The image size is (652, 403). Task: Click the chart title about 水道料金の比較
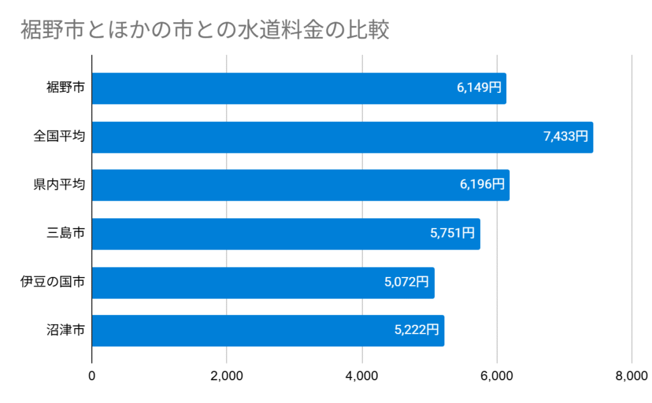click(204, 30)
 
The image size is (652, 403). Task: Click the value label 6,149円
click(479, 88)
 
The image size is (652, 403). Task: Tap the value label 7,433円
click(566, 137)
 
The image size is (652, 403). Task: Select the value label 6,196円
click(482, 185)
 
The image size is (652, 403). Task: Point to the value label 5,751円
click(453, 234)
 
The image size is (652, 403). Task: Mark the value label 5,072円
click(407, 283)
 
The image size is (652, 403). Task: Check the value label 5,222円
click(417, 330)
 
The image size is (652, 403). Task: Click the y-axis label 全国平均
click(60, 137)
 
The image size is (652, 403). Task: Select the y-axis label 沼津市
click(66, 330)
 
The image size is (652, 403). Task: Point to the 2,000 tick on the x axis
click(227, 376)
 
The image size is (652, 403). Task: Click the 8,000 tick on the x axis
click(632, 376)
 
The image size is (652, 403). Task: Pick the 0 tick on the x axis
click(92, 376)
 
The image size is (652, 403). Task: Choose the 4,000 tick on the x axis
click(362, 376)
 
